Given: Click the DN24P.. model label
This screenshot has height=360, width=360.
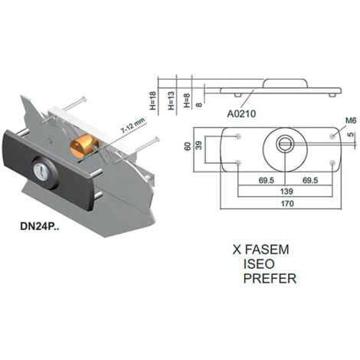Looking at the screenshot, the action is [x=40, y=227].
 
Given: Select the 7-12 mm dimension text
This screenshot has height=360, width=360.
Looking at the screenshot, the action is [x=133, y=126].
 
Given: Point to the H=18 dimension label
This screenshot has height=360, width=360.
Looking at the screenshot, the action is [x=152, y=100].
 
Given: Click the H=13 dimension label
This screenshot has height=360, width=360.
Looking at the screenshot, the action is [x=171, y=100].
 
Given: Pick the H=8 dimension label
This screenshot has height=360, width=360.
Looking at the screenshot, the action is [x=187, y=100].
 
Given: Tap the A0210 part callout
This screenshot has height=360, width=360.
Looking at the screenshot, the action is [x=241, y=114].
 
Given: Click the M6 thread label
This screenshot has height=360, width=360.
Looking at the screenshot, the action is [x=351, y=120].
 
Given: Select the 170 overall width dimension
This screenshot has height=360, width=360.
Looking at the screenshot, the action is [x=287, y=204].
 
